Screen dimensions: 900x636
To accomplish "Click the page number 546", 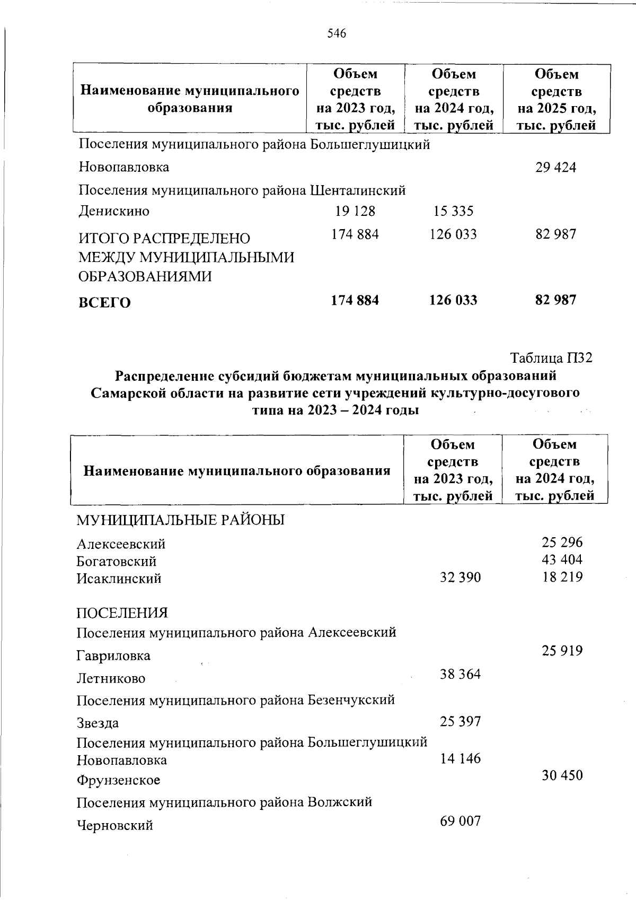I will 337,34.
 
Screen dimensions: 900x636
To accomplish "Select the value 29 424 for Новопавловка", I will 555,168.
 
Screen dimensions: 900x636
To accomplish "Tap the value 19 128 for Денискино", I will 355,211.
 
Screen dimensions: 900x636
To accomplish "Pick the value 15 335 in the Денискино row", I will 453,212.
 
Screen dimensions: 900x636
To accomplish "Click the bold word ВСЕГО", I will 104,303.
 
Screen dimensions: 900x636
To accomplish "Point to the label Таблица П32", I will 551,358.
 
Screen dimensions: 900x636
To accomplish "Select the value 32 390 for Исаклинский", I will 460,577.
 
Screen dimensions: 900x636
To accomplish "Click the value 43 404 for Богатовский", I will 562,560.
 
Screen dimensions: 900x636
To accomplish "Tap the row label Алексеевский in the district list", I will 121,544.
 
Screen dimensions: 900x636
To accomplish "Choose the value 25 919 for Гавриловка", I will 562,651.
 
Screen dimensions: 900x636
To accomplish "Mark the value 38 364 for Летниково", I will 460,675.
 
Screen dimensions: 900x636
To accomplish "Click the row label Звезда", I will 98,723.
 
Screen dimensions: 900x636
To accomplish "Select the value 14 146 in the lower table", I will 460,759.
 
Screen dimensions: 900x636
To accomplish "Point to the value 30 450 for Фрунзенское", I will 562,775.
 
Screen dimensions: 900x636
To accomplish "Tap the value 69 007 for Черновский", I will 460,822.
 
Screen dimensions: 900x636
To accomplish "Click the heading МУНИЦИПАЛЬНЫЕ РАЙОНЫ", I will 180,520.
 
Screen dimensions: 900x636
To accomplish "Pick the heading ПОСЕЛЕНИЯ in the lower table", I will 122,613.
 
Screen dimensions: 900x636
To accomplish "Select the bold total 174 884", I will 355,300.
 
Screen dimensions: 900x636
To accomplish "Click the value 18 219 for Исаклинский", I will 562,577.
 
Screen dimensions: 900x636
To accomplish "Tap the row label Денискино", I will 114,212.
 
